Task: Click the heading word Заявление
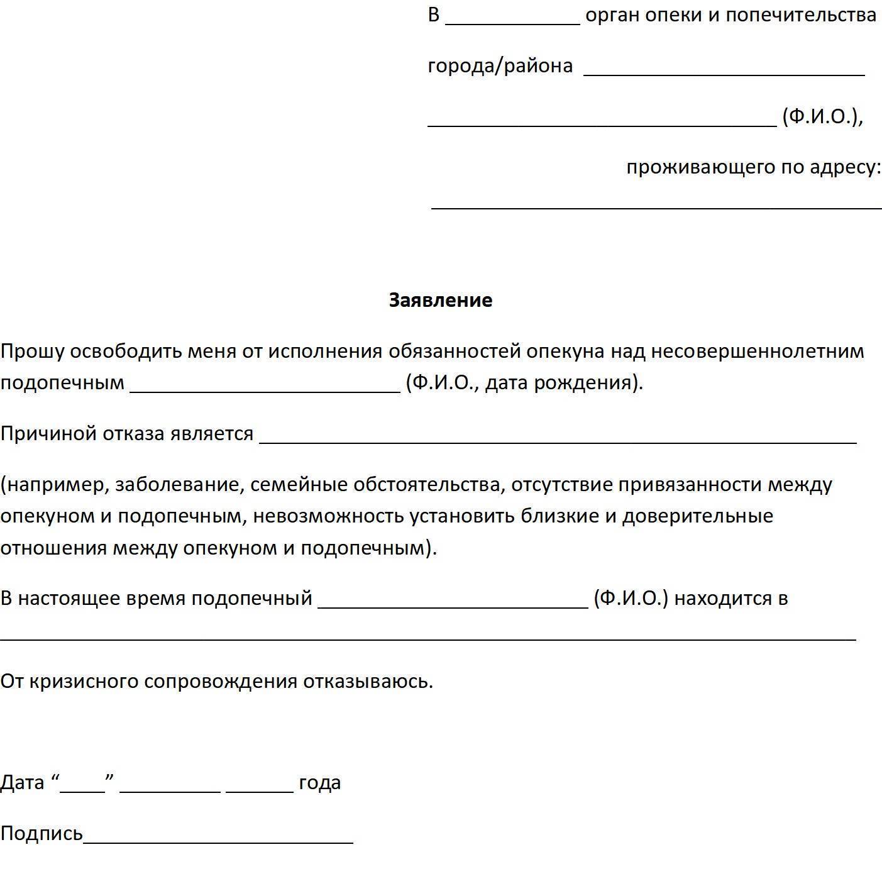pos(440,300)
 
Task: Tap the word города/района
pos(500,65)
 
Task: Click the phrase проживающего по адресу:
pos(753,167)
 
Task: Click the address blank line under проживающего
pos(656,204)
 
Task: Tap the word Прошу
pos(32,351)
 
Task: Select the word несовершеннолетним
pos(757,351)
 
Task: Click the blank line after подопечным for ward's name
pos(265,388)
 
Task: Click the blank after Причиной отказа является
pos(558,440)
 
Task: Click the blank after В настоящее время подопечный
pos(453,604)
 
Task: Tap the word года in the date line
pos(319,782)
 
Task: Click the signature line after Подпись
pos(218,839)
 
